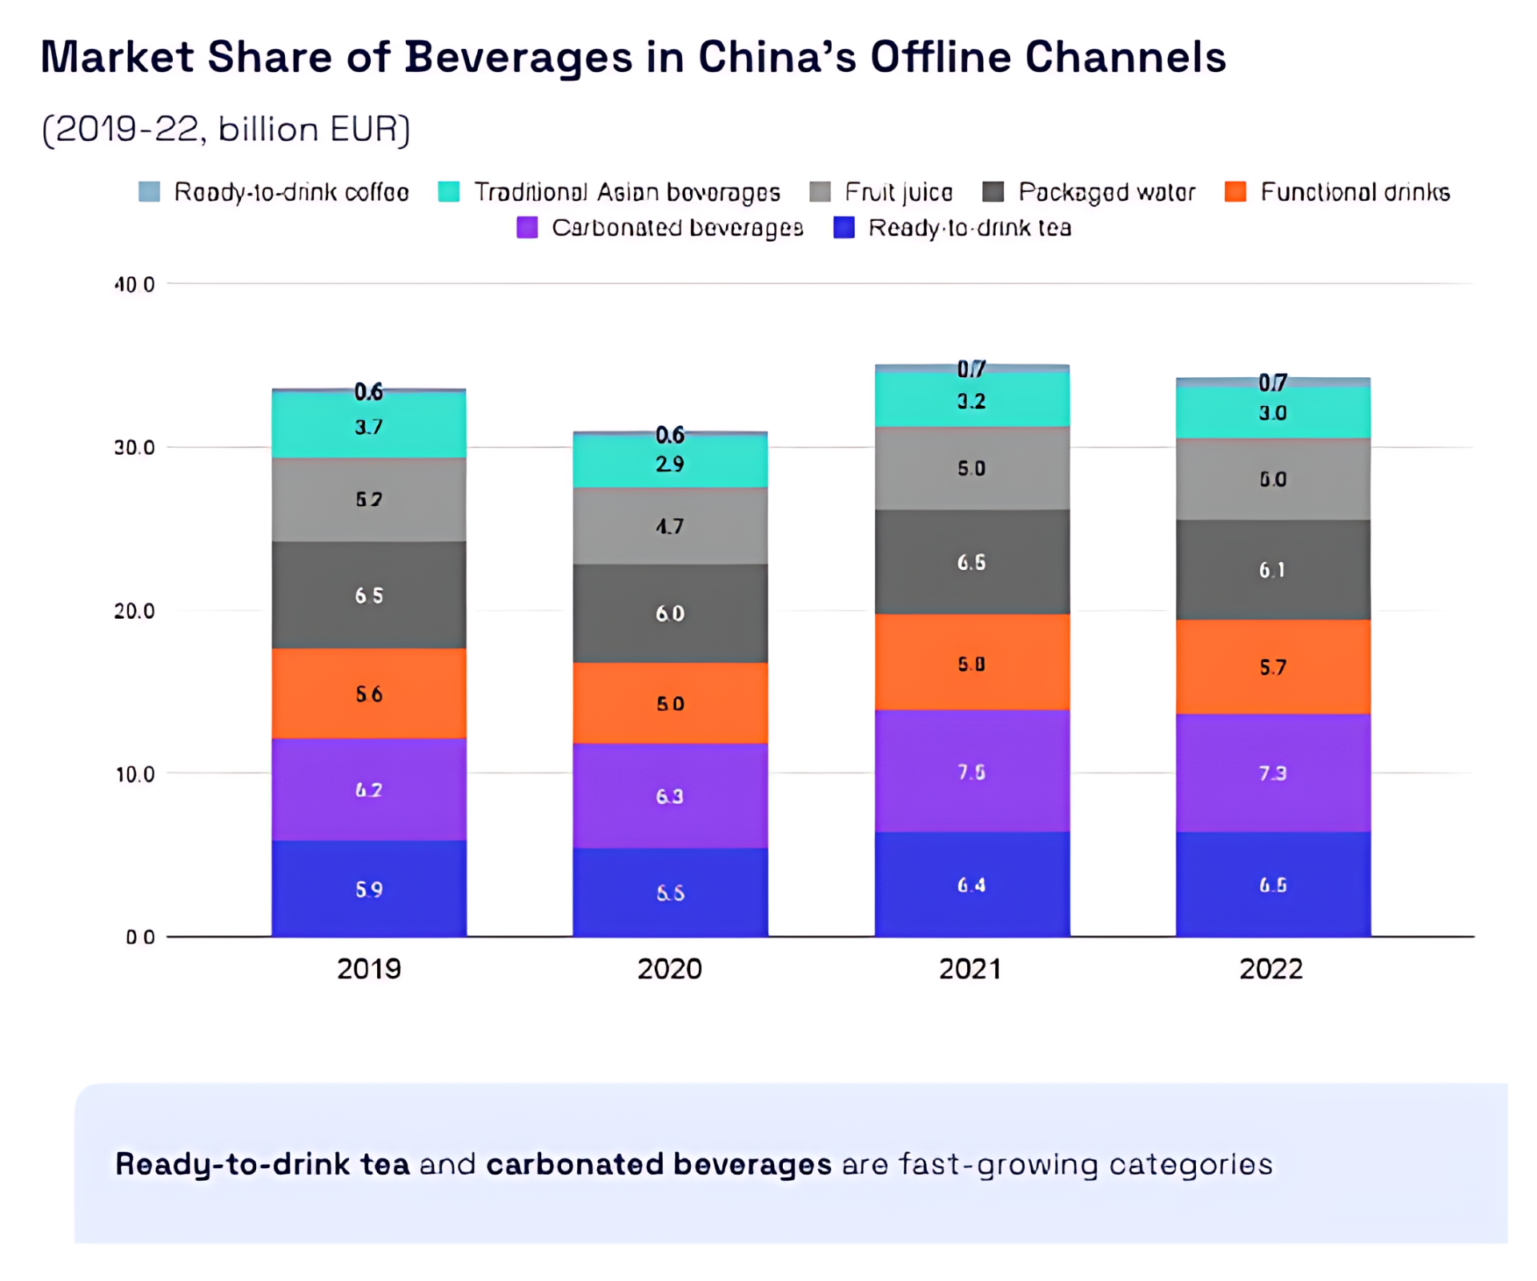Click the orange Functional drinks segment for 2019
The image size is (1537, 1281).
(369, 693)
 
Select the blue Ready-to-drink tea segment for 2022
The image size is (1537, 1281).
(1273, 884)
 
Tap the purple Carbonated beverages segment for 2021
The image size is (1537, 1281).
(972, 771)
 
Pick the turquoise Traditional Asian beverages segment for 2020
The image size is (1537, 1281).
(670, 463)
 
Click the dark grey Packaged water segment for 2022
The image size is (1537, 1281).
(1273, 569)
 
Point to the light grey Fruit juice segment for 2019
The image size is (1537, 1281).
(369, 500)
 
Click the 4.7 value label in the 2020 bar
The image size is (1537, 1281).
(670, 526)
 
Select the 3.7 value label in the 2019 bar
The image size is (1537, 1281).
(369, 427)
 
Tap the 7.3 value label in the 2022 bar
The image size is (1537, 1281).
(1273, 773)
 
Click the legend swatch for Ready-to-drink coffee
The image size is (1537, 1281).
(150, 191)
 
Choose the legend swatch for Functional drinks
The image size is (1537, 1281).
(1235, 191)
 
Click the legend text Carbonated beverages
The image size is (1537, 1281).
(677, 228)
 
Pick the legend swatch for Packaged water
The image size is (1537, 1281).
(993, 191)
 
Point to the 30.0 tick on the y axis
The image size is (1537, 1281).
(134, 448)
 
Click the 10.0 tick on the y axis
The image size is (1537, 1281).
(134, 774)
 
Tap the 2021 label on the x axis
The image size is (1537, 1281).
(970, 969)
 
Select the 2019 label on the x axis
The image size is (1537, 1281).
(369, 969)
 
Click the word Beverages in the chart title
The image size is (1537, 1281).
(519, 58)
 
